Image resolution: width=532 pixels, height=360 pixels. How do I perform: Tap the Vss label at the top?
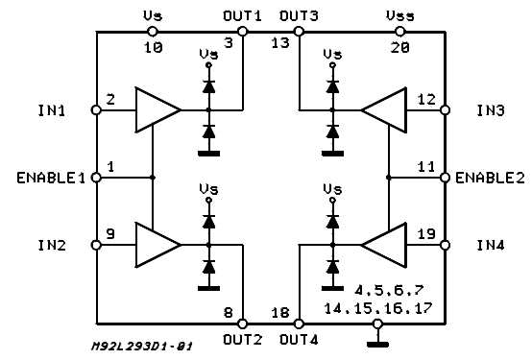399,16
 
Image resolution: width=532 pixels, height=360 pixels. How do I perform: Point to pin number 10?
153,45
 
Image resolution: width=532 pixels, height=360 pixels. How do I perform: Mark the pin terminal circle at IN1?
96,109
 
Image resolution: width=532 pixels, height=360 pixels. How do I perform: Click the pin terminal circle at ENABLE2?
445,178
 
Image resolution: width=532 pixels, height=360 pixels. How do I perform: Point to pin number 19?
426,232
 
